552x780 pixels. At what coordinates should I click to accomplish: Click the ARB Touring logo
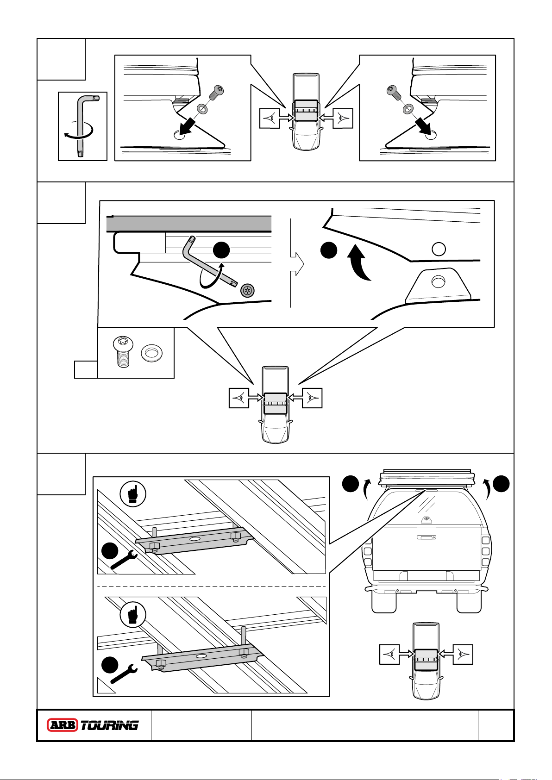(93, 725)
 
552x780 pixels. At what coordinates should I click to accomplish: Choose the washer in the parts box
(151, 354)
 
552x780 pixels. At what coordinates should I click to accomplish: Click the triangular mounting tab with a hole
(438, 285)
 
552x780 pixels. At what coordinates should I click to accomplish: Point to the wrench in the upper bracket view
(124, 560)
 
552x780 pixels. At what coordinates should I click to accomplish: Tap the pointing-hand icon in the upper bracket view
(133, 494)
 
